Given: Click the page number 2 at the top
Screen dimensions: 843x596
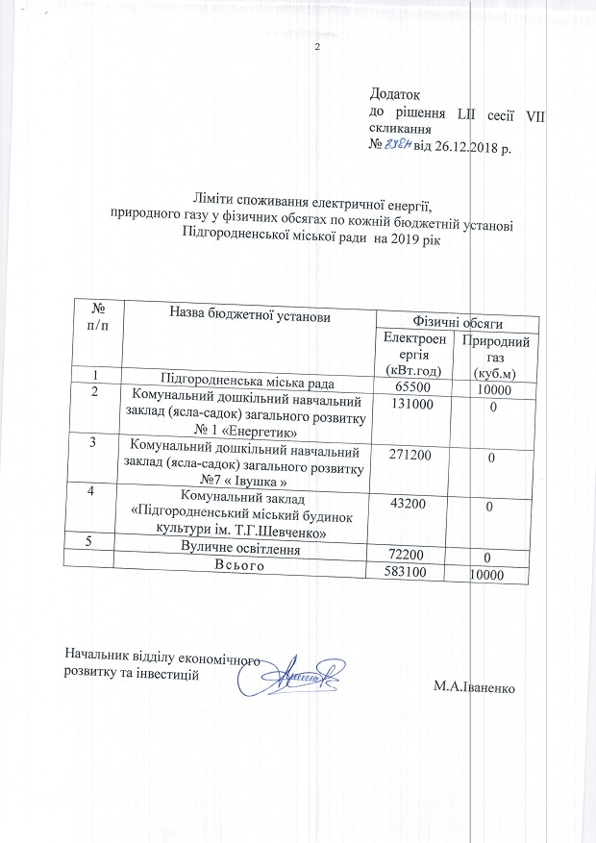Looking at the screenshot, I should click(316, 50).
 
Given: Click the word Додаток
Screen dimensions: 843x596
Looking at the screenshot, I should click(396, 95).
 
